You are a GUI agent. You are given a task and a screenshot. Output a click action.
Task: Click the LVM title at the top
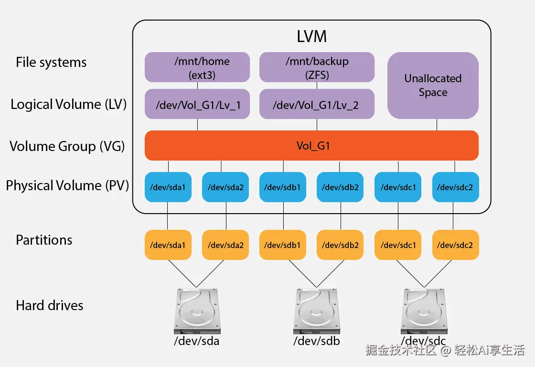click(x=311, y=36)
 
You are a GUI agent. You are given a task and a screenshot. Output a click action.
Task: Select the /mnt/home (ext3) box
click(x=197, y=67)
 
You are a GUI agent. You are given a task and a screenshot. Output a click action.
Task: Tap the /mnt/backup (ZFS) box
click(x=317, y=67)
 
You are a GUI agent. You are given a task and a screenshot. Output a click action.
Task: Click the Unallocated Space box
click(x=433, y=86)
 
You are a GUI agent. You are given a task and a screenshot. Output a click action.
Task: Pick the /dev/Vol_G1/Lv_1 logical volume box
click(x=197, y=104)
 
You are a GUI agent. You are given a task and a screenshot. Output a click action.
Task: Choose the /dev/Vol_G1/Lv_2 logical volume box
click(x=317, y=104)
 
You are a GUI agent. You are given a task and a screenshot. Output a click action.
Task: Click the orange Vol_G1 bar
click(x=311, y=145)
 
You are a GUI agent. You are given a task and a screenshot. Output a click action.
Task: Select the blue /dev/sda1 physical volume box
click(x=168, y=187)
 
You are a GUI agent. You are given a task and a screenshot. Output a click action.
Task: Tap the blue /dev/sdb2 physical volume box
click(x=340, y=187)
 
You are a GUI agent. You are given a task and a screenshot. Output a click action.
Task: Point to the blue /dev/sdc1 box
click(x=398, y=187)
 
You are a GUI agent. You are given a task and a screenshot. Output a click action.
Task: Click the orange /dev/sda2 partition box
click(x=225, y=245)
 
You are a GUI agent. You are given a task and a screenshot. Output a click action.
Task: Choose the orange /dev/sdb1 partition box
click(x=283, y=245)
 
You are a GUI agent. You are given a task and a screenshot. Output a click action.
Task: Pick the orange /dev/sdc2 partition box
click(x=456, y=245)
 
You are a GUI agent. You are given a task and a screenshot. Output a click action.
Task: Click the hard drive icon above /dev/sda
click(x=197, y=312)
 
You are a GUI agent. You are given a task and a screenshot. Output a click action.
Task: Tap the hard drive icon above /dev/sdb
click(x=317, y=312)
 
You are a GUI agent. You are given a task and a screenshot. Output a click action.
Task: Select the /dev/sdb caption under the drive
click(x=317, y=341)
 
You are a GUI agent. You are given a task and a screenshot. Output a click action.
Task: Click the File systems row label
click(x=51, y=63)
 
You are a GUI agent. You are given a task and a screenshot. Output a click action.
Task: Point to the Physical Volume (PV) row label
click(x=67, y=185)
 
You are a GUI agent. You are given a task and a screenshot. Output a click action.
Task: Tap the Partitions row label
click(x=44, y=240)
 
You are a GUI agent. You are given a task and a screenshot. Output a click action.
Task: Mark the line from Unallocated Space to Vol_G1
click(x=437, y=125)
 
